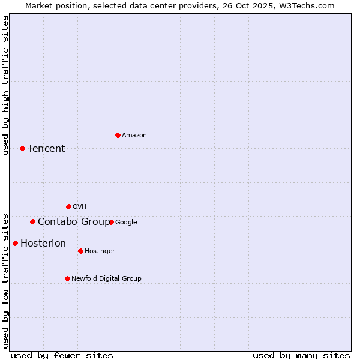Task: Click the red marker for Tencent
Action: click(22, 148)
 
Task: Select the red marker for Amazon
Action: click(118, 135)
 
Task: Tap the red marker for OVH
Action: click(68, 206)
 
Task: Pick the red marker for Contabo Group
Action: click(32, 221)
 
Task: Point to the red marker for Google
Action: click(111, 222)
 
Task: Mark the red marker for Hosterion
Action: click(15, 243)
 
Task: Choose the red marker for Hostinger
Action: click(80, 251)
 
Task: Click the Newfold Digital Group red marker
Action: click(67, 278)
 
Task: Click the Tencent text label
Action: click(46, 148)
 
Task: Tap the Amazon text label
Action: click(134, 136)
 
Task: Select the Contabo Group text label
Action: click(74, 222)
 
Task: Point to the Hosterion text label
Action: click(43, 243)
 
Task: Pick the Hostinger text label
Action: click(100, 251)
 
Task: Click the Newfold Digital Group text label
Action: click(106, 278)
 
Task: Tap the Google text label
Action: click(126, 223)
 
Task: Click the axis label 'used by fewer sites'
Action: click(62, 355)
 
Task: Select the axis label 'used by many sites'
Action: click(301, 355)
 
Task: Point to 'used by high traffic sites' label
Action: click(6, 85)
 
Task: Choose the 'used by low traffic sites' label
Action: click(6, 280)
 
